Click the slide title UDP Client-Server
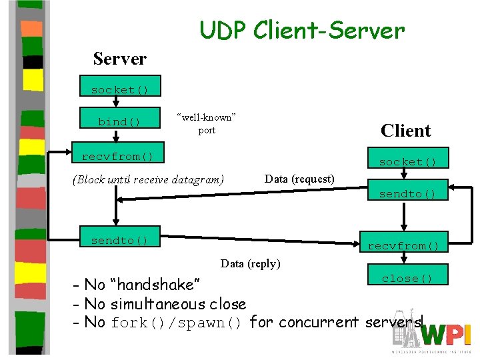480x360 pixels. pos(301,30)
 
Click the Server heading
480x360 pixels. pos(120,59)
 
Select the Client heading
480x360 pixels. pos(405,131)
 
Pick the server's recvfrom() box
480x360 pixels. pos(117,157)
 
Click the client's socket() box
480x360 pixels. pos(407,162)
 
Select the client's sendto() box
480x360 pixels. pos(407,194)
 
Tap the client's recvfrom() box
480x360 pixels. pos(403,246)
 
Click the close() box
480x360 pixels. pos(407,279)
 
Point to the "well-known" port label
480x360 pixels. pos(207,123)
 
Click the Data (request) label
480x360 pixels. pos(299,179)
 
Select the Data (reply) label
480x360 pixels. pos(250,263)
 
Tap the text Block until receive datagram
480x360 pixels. pos(148,179)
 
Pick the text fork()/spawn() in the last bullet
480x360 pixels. pos(177,323)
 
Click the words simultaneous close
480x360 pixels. pos(178,304)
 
